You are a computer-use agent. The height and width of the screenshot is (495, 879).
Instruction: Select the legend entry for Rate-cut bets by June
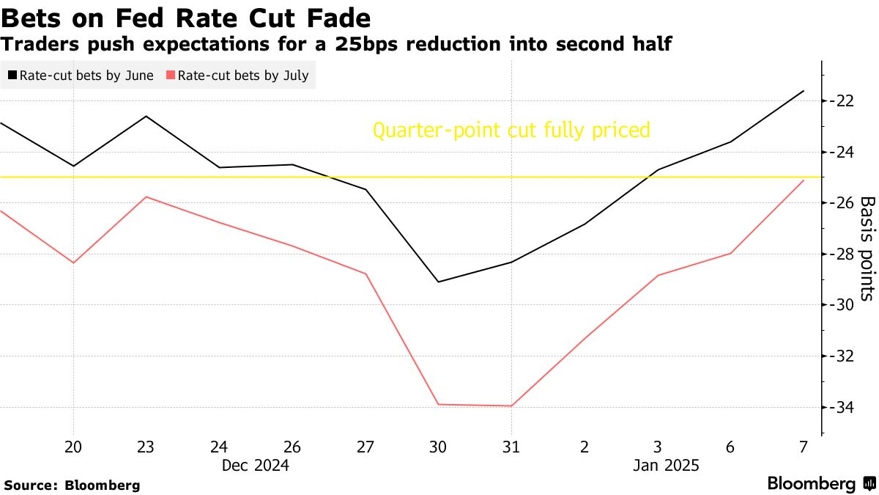(81, 76)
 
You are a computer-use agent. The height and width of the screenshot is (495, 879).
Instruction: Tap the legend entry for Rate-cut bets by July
(237, 76)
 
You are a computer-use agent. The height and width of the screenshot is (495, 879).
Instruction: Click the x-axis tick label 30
(438, 447)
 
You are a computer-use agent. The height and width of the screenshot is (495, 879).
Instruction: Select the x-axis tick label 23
(145, 447)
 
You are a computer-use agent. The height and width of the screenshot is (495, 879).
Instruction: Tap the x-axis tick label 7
(804, 447)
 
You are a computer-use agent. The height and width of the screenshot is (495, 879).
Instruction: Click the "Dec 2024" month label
(255, 466)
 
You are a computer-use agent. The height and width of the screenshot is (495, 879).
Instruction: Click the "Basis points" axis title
(867, 249)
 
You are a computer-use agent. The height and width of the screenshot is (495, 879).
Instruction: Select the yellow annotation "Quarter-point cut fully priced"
(511, 131)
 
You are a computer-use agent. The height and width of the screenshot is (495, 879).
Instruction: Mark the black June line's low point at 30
(438, 282)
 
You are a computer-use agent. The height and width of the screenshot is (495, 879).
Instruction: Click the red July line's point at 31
(511, 406)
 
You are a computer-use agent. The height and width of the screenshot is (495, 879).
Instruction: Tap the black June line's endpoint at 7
(804, 91)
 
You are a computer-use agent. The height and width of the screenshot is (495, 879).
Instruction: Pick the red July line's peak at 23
(145, 197)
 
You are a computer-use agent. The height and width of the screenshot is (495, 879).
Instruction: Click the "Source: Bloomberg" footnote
(72, 485)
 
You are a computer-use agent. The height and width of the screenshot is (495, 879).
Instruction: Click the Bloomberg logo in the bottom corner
(820, 484)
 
